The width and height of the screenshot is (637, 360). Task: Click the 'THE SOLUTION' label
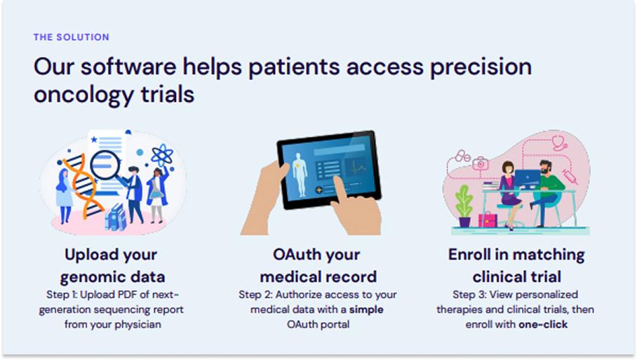[72, 37]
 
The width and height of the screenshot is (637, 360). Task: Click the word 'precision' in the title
[481, 67]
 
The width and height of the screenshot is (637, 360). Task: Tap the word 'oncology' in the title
[83, 95]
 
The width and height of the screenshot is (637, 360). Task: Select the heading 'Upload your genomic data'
[112, 266]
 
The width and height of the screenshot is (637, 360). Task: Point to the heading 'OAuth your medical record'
[318, 266]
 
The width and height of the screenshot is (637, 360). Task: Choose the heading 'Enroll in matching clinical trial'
[516, 266]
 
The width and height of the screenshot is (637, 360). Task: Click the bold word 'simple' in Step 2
[366, 309]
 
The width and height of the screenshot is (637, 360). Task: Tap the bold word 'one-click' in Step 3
[543, 325]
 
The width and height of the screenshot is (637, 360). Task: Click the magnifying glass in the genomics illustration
[107, 166]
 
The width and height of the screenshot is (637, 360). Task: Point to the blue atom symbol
[162, 155]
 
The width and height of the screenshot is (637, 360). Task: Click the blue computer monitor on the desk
[528, 180]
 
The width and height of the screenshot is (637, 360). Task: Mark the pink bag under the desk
[488, 220]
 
